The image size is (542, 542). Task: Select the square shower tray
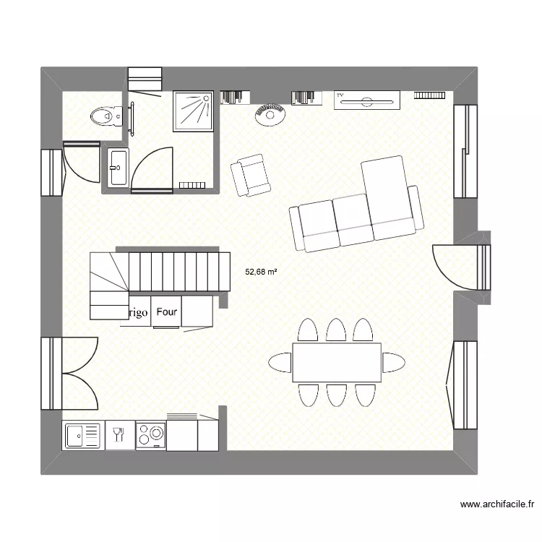(193, 111)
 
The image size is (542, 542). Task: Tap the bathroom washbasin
(118, 167)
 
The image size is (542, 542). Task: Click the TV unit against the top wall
(367, 100)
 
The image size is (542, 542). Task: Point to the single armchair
(250, 176)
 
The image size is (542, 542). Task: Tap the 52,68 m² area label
(262, 272)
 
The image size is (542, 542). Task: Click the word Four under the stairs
(167, 312)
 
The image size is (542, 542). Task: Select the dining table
(337, 362)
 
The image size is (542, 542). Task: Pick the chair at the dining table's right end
(392, 361)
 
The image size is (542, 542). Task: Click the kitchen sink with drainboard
(83, 436)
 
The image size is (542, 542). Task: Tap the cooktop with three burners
(150, 436)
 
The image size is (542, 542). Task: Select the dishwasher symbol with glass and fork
(120, 435)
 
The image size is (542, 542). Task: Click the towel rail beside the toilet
(132, 117)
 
